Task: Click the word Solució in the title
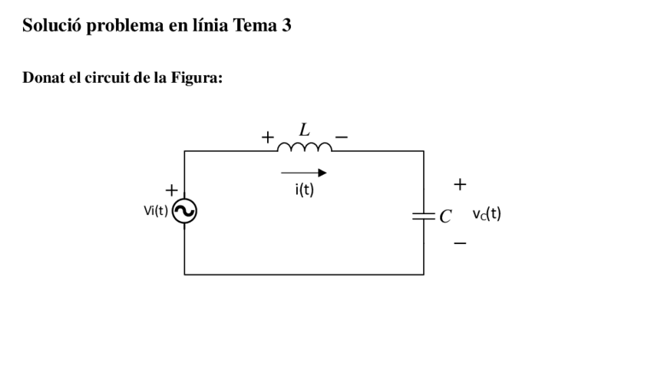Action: tap(51, 26)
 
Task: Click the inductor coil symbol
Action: tap(304, 147)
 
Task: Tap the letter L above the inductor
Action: tap(304, 129)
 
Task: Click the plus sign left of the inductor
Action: tap(267, 138)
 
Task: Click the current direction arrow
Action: tap(304, 173)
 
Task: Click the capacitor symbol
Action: tap(423, 216)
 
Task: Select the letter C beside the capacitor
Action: tap(444, 216)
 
